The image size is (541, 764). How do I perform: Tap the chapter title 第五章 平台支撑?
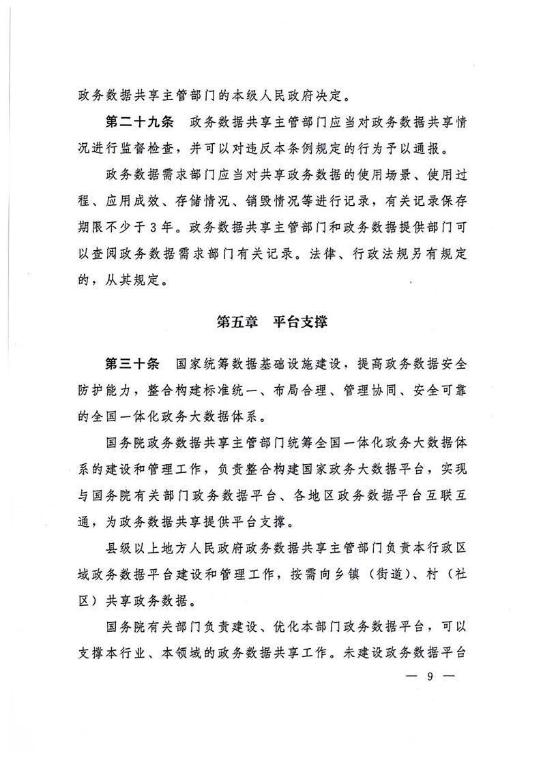(272, 322)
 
